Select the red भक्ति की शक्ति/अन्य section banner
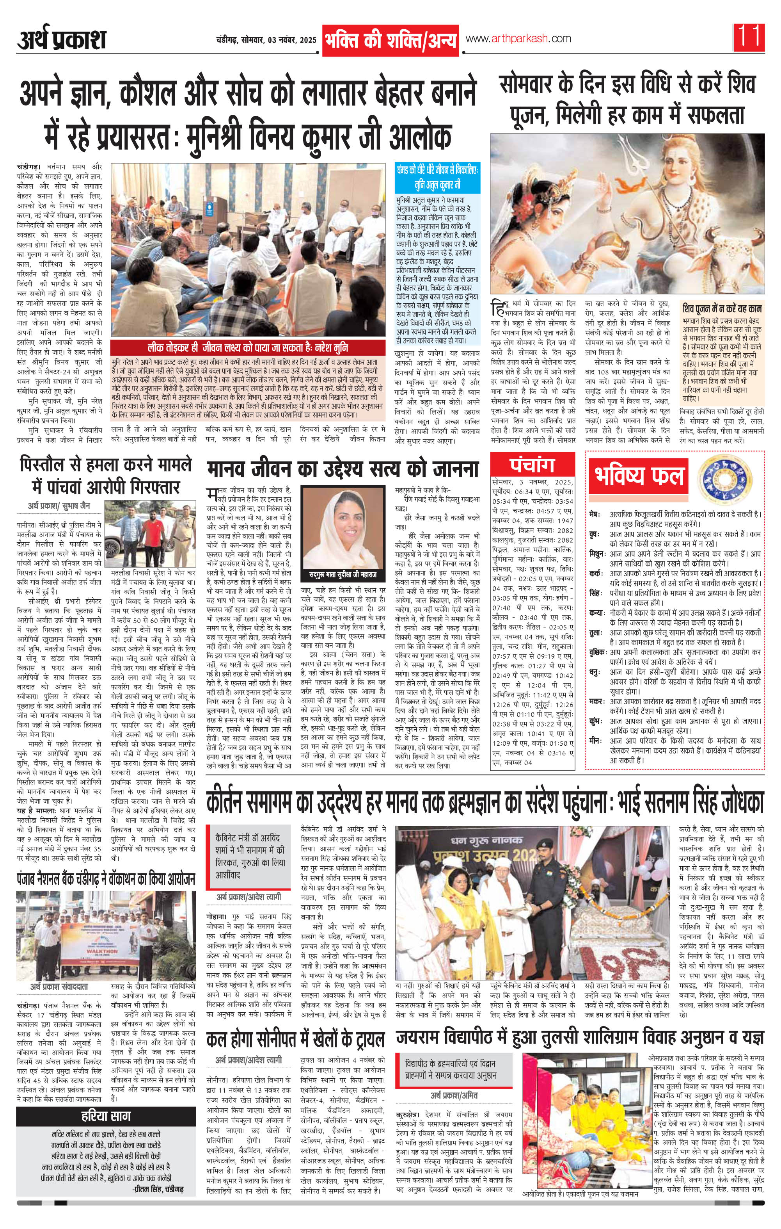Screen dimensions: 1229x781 click(391, 40)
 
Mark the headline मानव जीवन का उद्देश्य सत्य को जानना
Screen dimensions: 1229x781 click(342, 468)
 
